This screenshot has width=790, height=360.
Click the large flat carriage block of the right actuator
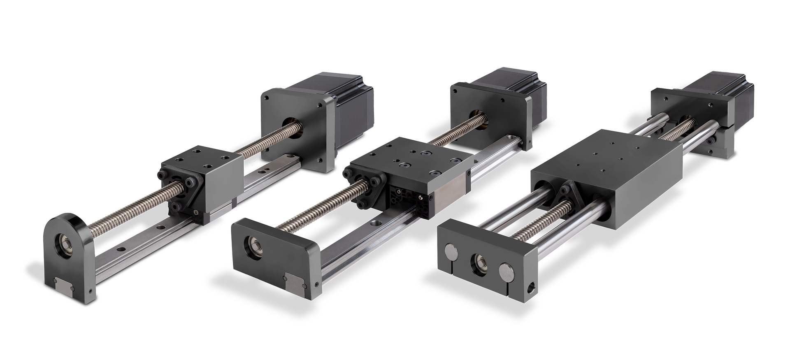pyautogui.click(x=609, y=173)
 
